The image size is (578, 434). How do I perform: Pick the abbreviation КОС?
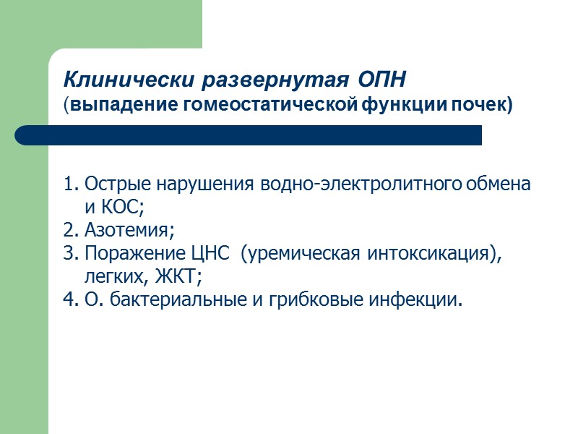point(124,207)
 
